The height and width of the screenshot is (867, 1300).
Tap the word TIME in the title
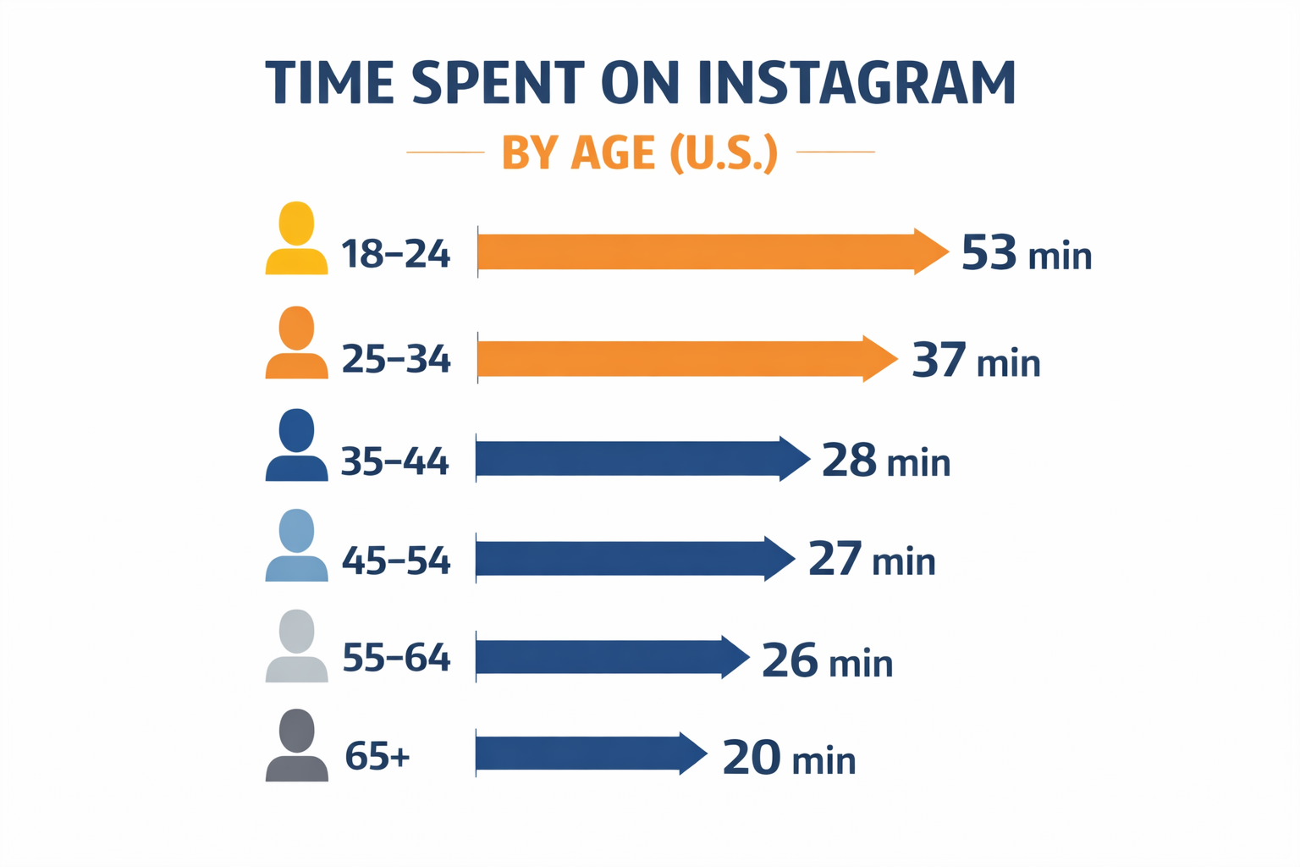click(x=330, y=83)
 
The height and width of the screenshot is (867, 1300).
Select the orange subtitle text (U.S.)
click(x=723, y=153)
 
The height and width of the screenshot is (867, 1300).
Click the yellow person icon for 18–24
click(x=296, y=239)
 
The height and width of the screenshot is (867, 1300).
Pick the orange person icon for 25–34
click(x=296, y=343)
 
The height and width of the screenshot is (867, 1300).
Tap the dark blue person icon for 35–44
click(x=296, y=445)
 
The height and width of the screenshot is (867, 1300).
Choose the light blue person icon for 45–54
click(x=296, y=545)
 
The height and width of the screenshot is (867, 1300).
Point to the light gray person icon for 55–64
click(x=296, y=645)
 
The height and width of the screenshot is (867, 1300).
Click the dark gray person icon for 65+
click(x=296, y=745)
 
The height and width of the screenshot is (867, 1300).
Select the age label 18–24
click(x=395, y=254)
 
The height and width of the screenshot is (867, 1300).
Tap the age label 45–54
click(x=395, y=561)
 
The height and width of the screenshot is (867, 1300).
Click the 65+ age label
click(x=377, y=756)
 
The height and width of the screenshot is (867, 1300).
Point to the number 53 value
click(x=989, y=252)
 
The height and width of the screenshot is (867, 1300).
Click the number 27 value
click(x=835, y=560)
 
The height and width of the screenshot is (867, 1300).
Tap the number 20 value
click(x=751, y=758)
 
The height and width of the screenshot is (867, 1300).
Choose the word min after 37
click(x=1008, y=363)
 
